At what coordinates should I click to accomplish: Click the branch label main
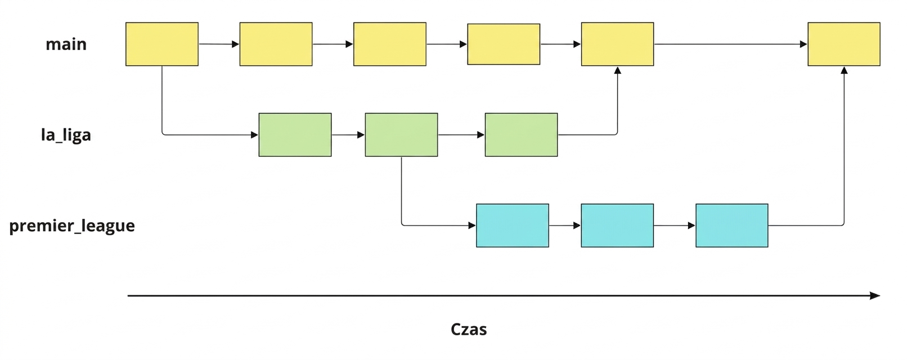pyautogui.click(x=66, y=44)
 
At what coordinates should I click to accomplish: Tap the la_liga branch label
pyautogui.click(x=66, y=135)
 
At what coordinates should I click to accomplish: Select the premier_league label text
pyautogui.click(x=72, y=226)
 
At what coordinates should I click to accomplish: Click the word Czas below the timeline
pyautogui.click(x=469, y=329)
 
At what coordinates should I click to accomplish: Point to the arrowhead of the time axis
pyautogui.click(x=879, y=296)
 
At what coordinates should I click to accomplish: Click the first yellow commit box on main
pyautogui.click(x=162, y=44)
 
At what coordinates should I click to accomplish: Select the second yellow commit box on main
pyautogui.click(x=276, y=44)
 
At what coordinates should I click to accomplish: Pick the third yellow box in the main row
pyautogui.click(x=389, y=44)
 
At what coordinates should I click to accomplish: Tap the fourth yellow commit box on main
pyautogui.click(x=504, y=44)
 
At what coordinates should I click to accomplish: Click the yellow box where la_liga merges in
pyautogui.click(x=617, y=44)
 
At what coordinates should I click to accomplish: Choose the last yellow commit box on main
pyautogui.click(x=844, y=44)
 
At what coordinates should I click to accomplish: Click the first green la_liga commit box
pyautogui.click(x=295, y=135)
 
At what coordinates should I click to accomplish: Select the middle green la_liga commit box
pyautogui.click(x=401, y=135)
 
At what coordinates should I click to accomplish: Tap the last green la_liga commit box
pyautogui.click(x=521, y=135)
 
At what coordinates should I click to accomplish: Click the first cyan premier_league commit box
pyautogui.click(x=512, y=226)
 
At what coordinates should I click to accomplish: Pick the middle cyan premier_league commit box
pyautogui.click(x=617, y=226)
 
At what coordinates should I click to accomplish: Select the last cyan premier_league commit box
pyautogui.click(x=731, y=226)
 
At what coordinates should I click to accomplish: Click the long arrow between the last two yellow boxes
pyautogui.click(x=730, y=44)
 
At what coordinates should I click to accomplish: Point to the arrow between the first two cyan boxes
pyautogui.click(x=565, y=226)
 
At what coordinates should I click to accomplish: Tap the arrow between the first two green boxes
pyautogui.click(x=348, y=135)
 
